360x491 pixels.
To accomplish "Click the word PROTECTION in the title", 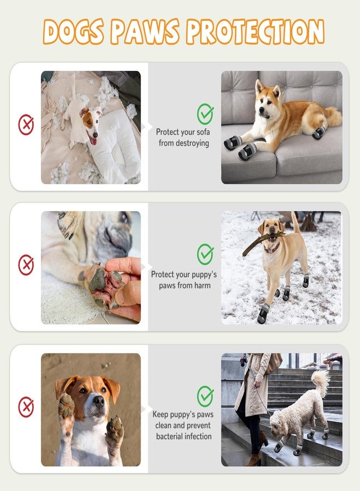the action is click(x=255, y=32).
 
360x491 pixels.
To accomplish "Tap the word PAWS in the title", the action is click(x=145, y=32).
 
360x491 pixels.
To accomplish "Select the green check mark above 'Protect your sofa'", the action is click(x=205, y=113).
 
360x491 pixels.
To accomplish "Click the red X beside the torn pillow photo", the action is click(x=26, y=124).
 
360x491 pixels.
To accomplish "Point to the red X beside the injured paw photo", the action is click(x=26, y=265).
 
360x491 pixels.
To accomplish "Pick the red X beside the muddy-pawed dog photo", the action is click(x=26, y=407).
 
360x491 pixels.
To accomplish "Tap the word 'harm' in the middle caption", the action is click(x=202, y=285).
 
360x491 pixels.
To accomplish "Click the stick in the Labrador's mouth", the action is click(x=262, y=242).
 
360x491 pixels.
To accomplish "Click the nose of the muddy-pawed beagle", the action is click(x=99, y=401).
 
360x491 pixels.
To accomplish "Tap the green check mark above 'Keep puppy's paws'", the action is click(x=205, y=396).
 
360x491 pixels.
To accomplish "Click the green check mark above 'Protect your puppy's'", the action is click(x=205, y=254).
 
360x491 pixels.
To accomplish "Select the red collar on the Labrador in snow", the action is click(x=272, y=249).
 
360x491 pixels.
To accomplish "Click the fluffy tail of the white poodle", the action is click(x=321, y=382).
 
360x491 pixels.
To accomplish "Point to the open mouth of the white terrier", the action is click(x=93, y=139).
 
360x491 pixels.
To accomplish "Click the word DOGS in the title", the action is click(x=73, y=32).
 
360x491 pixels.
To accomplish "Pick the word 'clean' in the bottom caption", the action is click(x=163, y=425).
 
